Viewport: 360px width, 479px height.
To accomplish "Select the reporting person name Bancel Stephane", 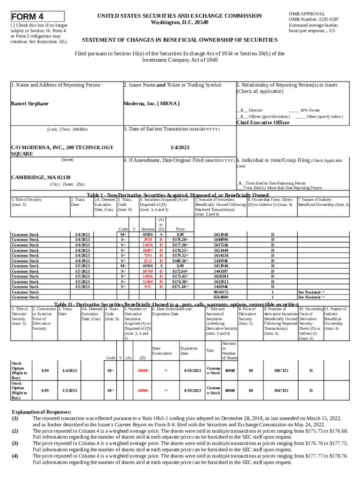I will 30,103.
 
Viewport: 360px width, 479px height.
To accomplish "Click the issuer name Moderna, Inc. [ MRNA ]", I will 151,103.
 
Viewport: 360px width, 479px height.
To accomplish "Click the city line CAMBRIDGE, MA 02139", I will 41,177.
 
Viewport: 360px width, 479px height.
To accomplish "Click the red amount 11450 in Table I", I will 148,245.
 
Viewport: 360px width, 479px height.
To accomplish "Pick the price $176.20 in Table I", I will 180,239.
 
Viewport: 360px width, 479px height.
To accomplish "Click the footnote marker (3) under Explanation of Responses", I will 15,443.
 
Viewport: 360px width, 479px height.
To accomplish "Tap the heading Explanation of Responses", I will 42,412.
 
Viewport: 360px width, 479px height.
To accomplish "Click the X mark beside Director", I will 241,110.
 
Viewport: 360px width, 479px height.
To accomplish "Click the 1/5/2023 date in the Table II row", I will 70,390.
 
